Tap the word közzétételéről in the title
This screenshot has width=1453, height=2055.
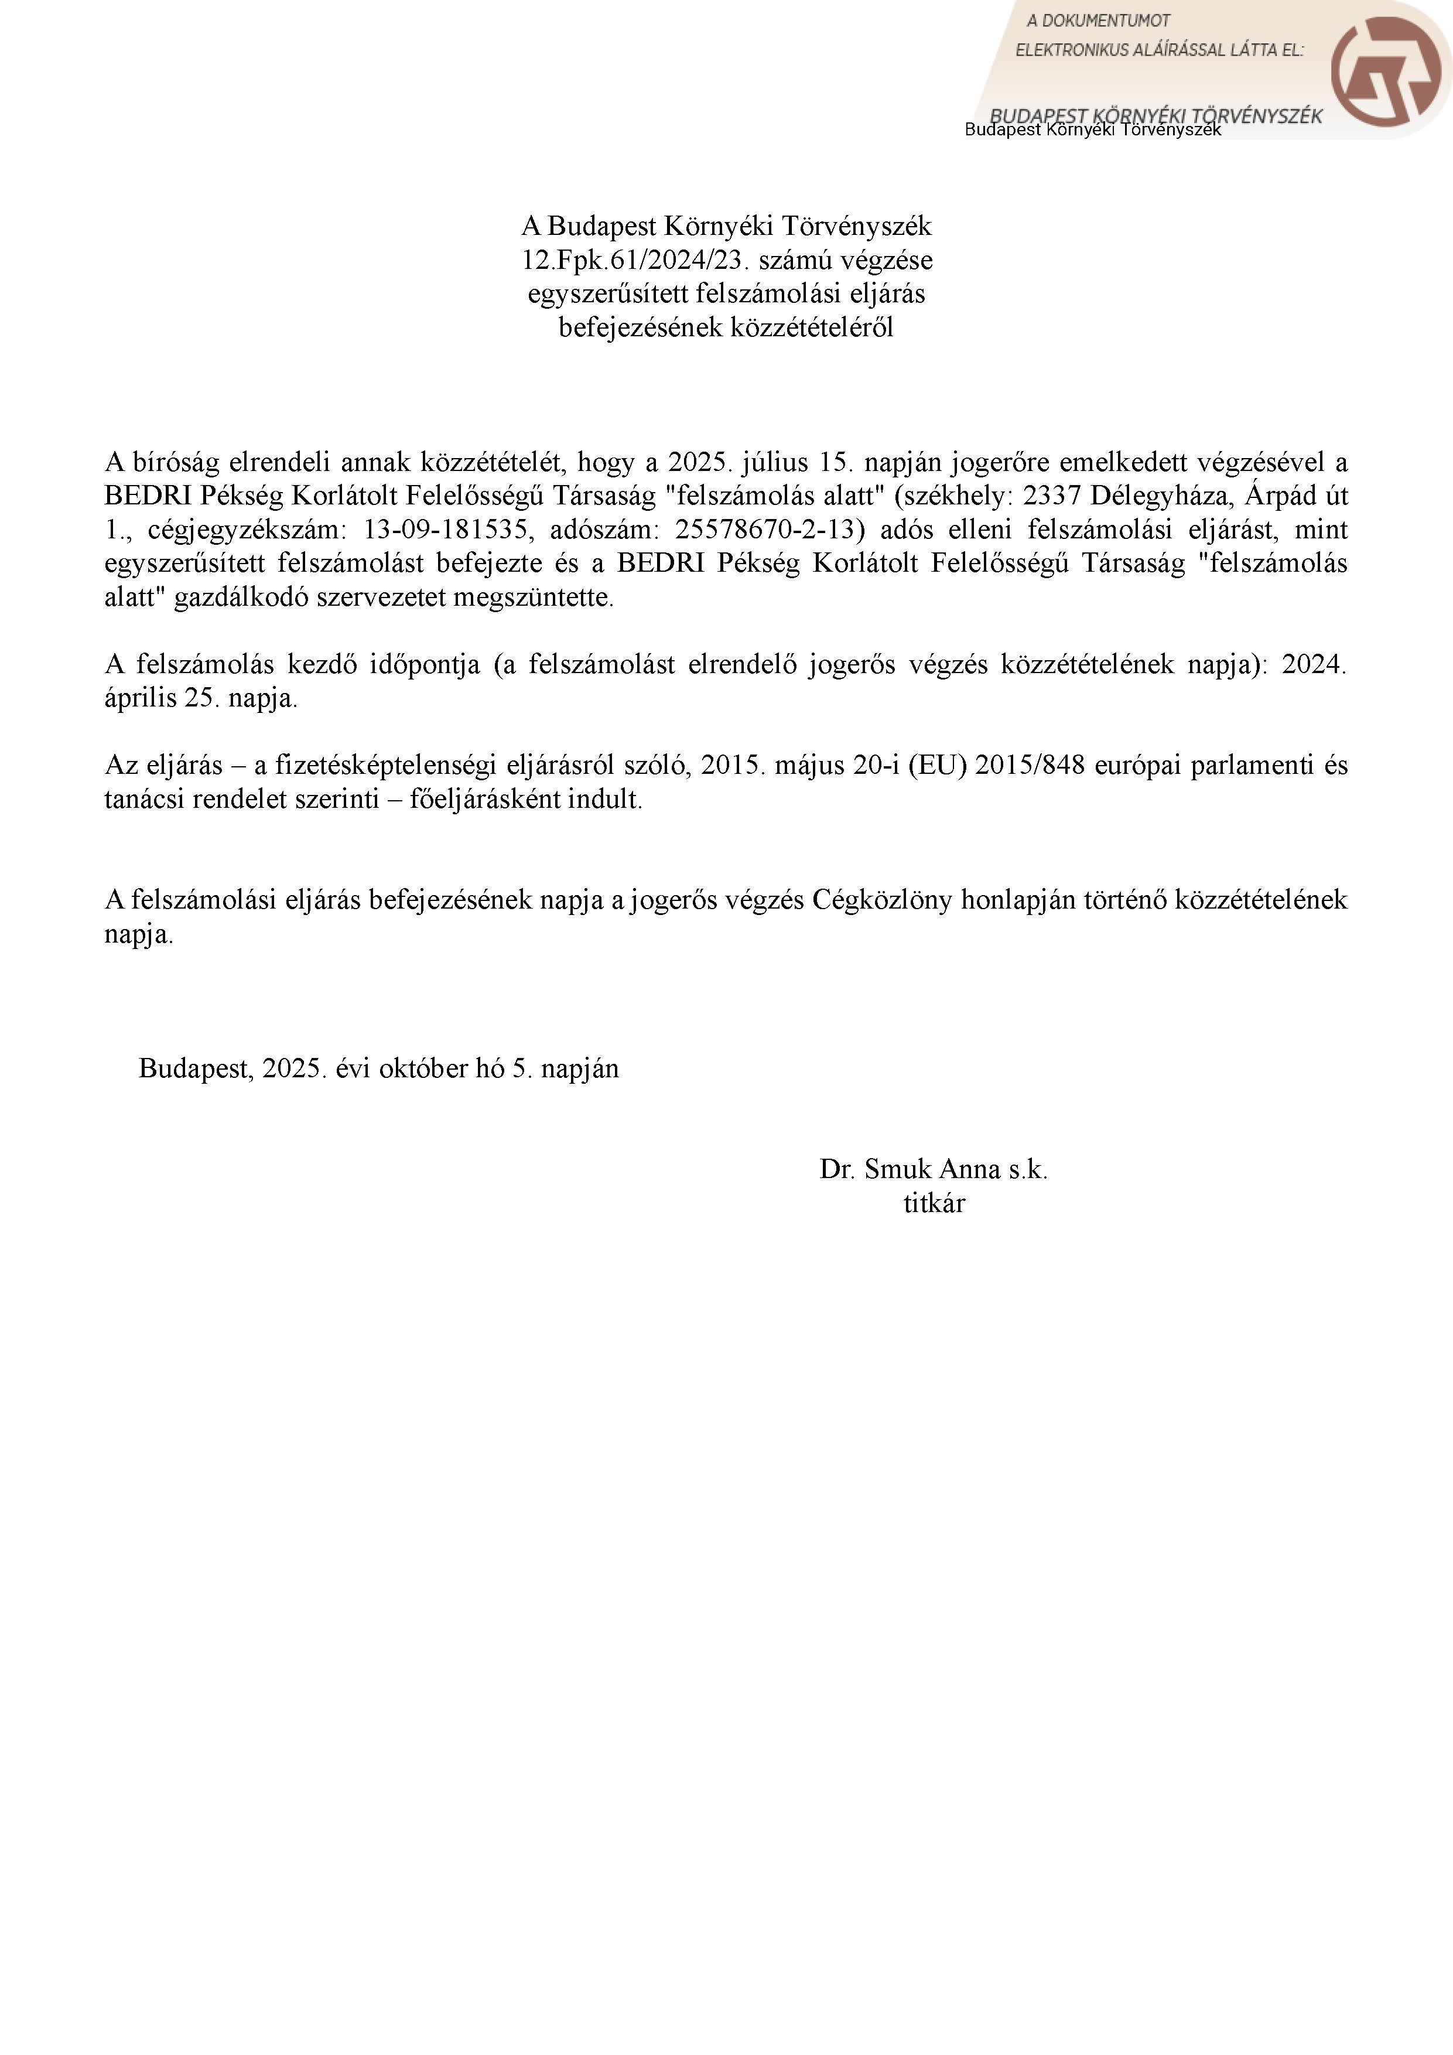(x=812, y=327)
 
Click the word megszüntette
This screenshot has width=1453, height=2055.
(x=534, y=598)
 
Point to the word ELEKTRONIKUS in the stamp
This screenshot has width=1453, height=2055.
(x=1070, y=50)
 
